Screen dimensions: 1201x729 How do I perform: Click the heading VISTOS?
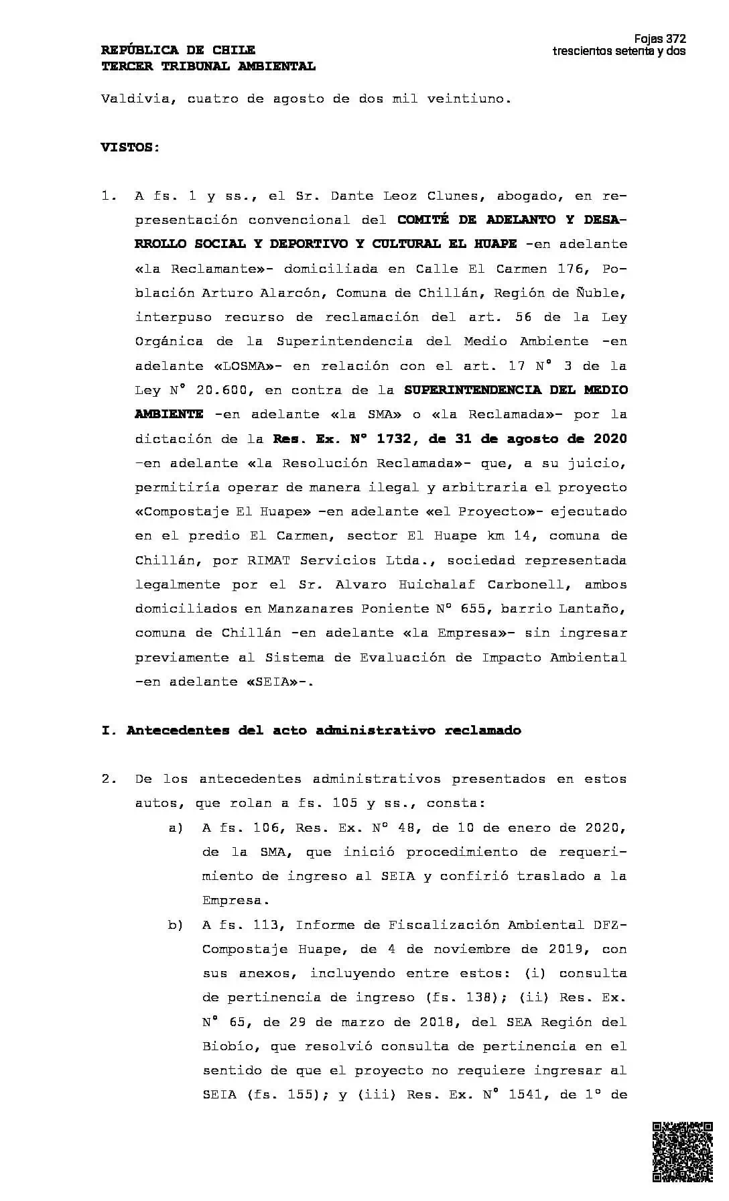tap(131, 147)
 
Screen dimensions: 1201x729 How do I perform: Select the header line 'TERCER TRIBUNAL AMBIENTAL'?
tap(208, 66)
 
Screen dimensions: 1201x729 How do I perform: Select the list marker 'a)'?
tap(176, 828)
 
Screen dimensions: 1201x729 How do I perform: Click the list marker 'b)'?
tap(176, 925)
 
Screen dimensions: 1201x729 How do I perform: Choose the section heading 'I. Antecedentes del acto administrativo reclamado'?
tap(311, 731)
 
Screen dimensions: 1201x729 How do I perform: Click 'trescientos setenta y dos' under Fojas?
tap(618, 52)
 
